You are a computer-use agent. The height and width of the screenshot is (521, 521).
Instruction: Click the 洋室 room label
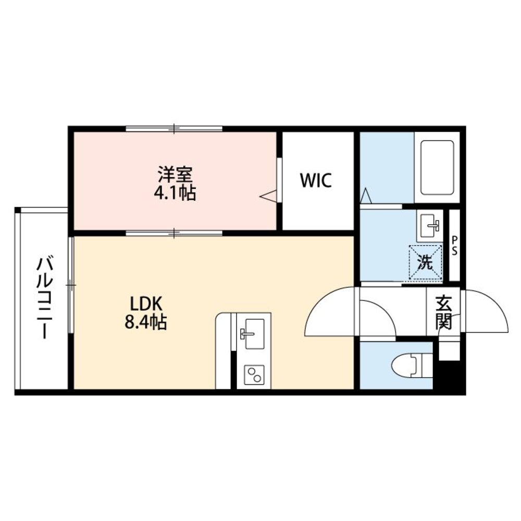click(175, 174)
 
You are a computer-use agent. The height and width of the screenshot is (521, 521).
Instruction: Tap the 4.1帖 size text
click(175, 192)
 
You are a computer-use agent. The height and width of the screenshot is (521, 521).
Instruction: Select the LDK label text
click(145, 304)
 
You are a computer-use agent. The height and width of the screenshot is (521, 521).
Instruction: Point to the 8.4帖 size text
click(145, 322)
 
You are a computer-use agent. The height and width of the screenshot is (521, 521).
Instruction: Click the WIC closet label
click(316, 180)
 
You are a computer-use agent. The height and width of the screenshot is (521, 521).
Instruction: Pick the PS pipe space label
click(454, 246)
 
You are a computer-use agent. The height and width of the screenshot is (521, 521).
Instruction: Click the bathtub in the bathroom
click(437, 168)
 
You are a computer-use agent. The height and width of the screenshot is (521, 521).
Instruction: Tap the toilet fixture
click(412, 365)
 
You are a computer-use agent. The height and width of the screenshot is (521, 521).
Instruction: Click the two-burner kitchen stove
click(255, 374)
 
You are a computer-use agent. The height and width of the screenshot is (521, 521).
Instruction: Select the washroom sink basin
click(430, 225)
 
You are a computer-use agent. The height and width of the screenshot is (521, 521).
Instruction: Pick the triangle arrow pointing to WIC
click(268, 196)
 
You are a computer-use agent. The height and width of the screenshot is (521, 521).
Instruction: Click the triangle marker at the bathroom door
click(366, 196)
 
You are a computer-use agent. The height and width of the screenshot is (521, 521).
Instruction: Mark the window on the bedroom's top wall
click(174, 128)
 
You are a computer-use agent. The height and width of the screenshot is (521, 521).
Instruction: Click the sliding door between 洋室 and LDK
click(174, 233)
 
